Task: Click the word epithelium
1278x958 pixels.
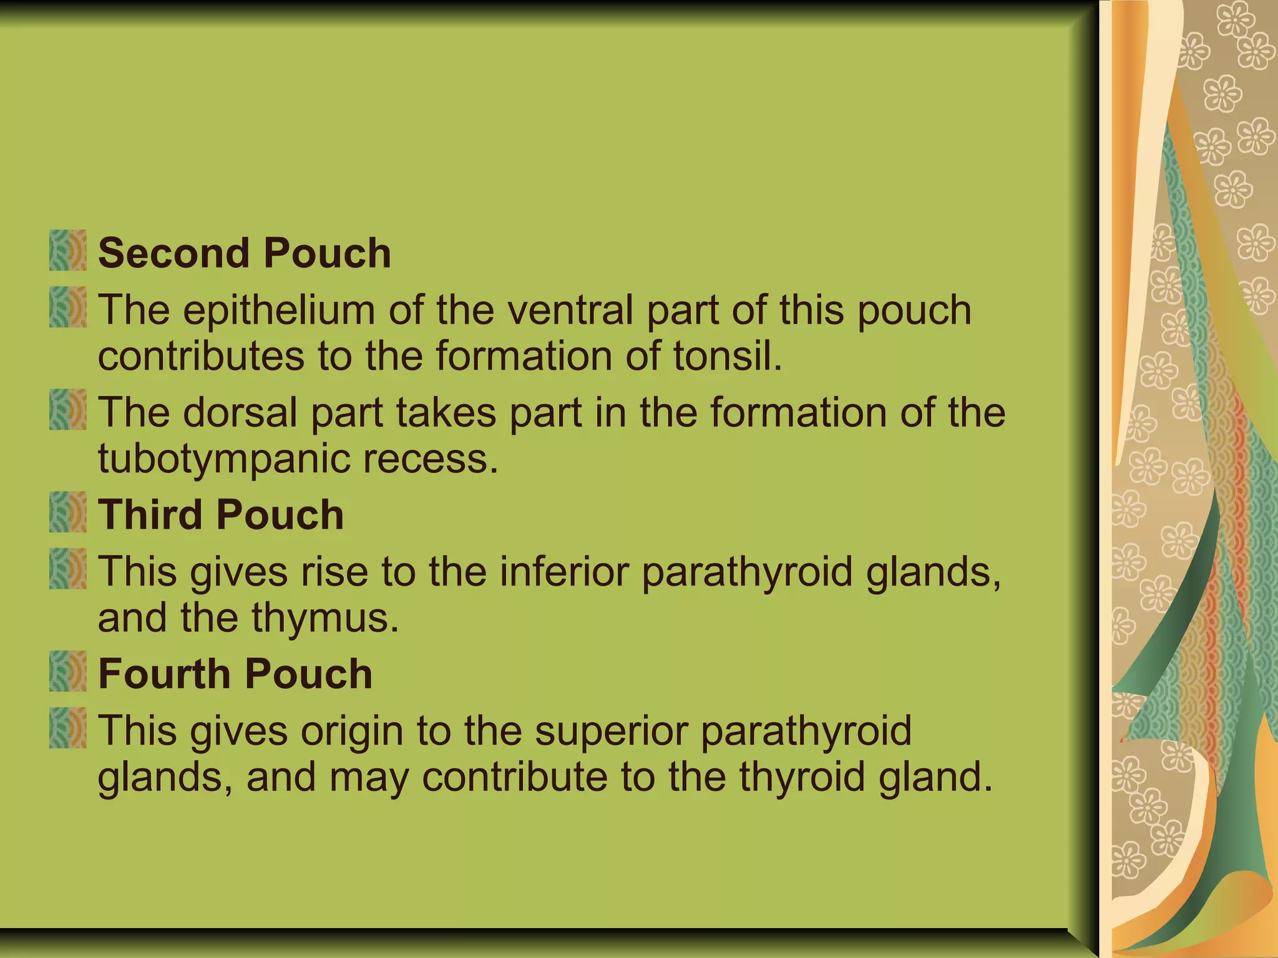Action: (279, 310)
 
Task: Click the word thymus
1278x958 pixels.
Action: (325, 618)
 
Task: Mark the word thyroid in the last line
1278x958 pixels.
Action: (802, 777)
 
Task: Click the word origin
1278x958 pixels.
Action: (351, 730)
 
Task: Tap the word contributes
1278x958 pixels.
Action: (201, 356)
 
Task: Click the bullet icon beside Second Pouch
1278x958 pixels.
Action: (67, 251)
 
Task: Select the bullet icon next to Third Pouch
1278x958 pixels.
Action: (67, 512)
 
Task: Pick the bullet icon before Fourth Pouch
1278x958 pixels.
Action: (67, 671)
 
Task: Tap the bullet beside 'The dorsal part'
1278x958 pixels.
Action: (67, 410)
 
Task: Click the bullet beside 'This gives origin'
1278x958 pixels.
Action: (67, 728)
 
